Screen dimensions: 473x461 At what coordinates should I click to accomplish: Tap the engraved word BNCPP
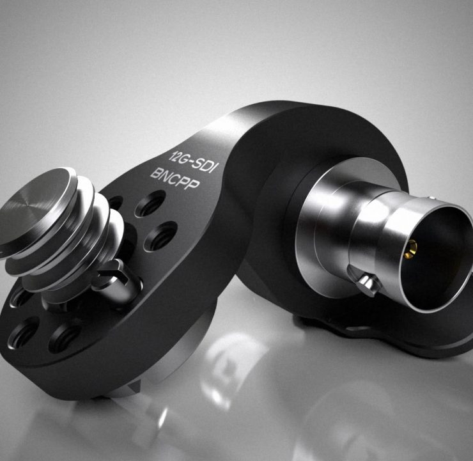175,178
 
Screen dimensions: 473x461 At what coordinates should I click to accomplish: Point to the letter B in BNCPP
155,173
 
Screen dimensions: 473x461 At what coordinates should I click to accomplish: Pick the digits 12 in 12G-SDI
174,156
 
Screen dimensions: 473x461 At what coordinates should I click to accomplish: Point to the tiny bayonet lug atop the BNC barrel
432,198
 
